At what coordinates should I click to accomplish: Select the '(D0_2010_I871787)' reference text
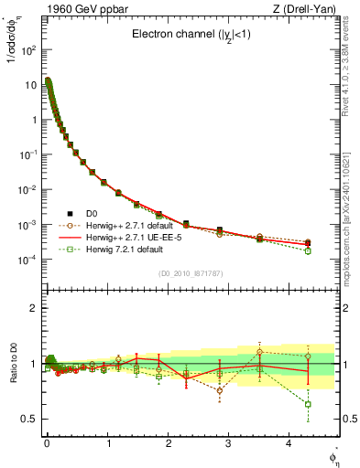(x=190, y=273)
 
